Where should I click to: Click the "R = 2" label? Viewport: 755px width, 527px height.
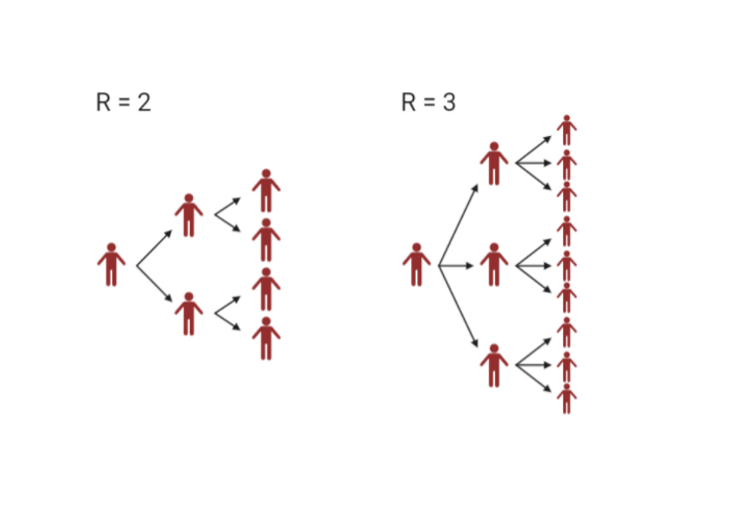[123, 102]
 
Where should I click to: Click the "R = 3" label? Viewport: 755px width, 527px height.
[428, 102]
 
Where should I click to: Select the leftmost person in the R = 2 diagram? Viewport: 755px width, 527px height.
[111, 265]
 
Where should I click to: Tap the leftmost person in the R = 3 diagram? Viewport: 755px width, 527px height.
[417, 265]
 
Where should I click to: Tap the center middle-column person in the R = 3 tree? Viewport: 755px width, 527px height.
[494, 265]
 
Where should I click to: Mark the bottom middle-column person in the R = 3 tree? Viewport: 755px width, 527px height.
[494, 365]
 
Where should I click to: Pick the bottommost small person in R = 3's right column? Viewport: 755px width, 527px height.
[566, 398]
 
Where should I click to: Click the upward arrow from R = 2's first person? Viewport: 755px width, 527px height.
[155, 249]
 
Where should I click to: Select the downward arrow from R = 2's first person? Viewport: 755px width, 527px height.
[155, 284]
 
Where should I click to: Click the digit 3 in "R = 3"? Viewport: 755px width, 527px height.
[449, 102]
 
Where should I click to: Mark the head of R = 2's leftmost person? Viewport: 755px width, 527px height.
[111, 247]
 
